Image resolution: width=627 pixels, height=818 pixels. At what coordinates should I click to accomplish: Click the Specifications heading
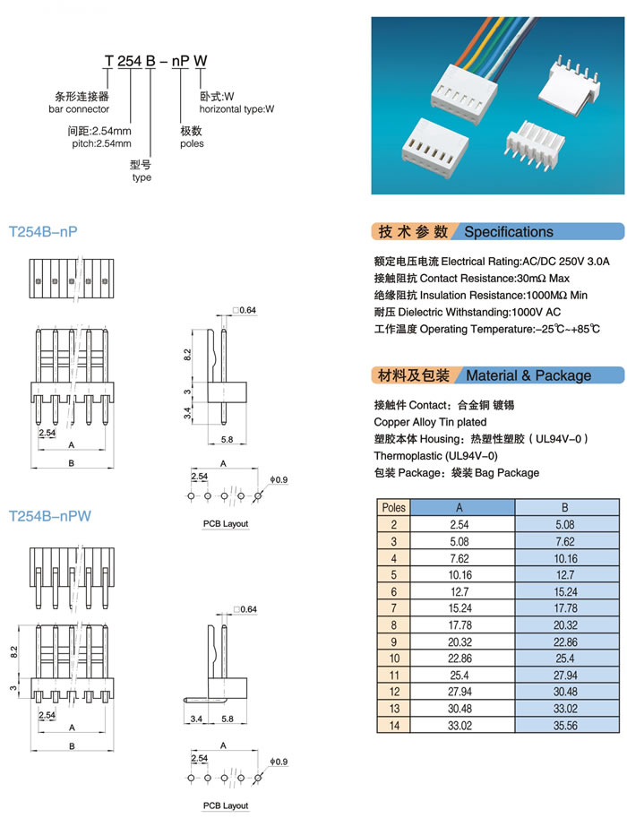point(508,232)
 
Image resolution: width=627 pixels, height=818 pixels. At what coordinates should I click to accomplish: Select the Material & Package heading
point(528,375)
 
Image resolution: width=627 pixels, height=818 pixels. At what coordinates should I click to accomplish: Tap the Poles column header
point(393,507)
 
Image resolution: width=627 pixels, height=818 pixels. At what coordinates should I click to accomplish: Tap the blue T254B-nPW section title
point(50,516)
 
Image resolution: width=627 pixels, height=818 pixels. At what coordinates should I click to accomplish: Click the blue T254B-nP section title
point(43,232)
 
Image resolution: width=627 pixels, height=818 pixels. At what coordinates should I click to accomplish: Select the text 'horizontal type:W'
point(236,109)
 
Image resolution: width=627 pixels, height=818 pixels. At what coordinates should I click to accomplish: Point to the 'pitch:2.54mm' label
point(99,143)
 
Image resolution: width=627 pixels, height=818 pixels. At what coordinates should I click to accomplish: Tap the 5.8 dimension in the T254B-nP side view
point(227,440)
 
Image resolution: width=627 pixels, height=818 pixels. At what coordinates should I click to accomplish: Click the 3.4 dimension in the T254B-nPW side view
point(194,719)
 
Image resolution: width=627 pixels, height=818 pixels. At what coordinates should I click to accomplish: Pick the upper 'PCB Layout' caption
point(225,523)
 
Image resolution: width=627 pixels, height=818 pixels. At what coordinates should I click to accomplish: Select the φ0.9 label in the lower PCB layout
point(279,762)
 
